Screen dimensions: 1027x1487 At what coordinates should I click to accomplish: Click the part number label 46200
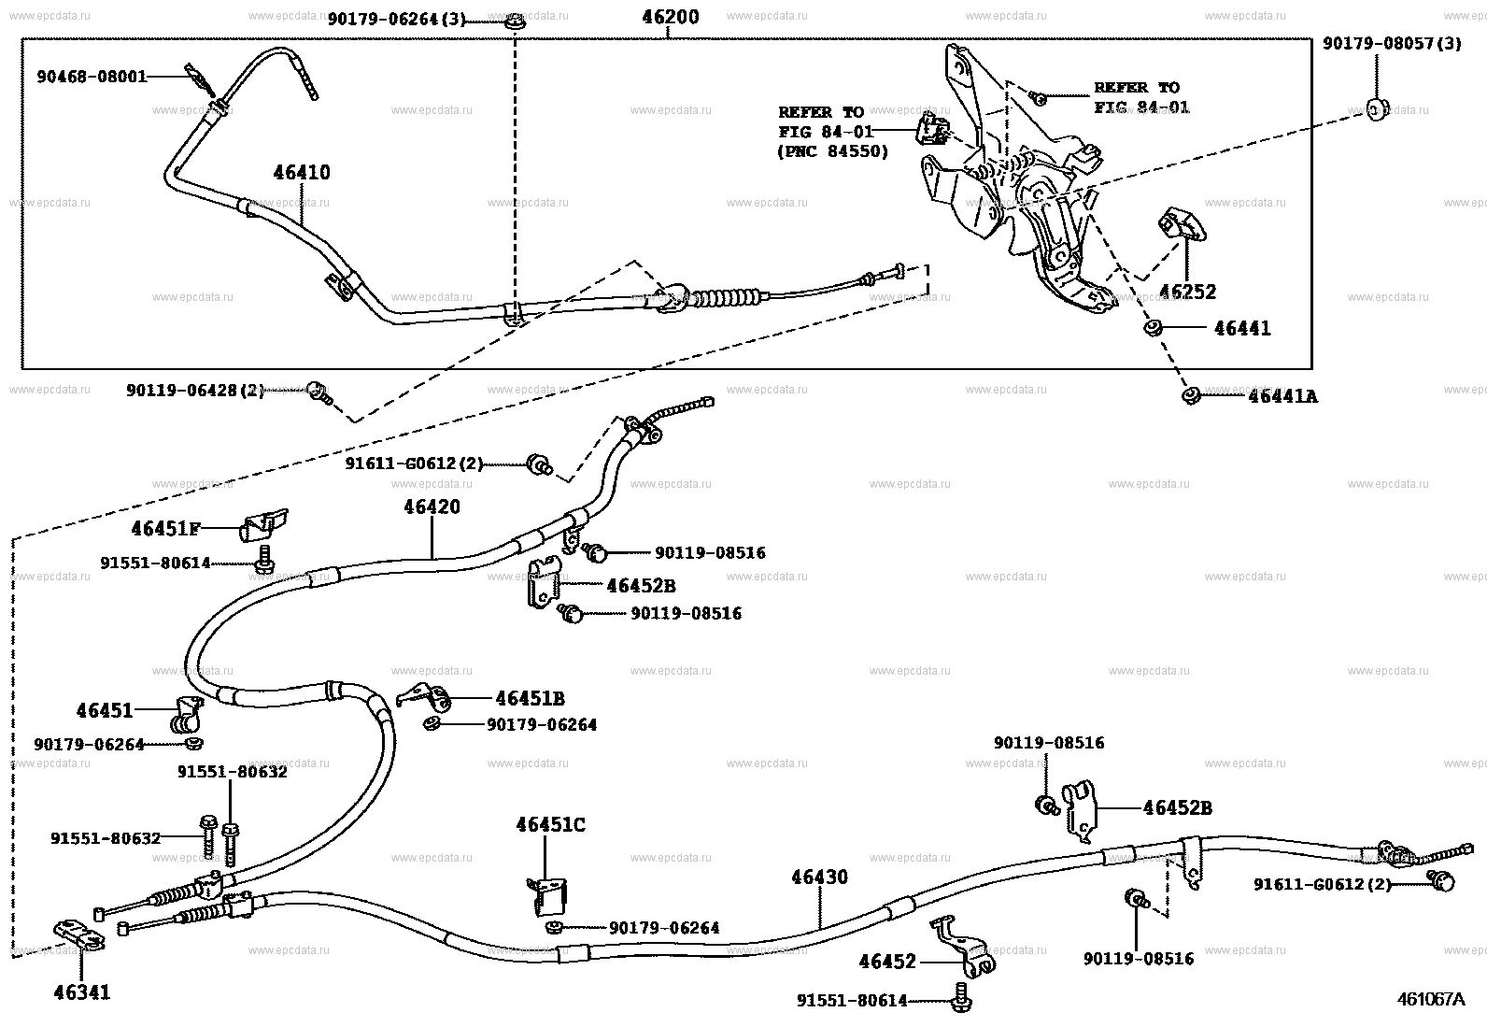670,17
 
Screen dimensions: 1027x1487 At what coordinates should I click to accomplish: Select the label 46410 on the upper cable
302,173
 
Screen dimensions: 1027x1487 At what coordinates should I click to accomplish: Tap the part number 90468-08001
92,77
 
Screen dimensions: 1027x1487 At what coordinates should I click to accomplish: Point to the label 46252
1187,292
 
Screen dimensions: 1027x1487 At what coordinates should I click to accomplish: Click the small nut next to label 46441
1154,328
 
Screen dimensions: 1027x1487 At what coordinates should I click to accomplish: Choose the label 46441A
1282,396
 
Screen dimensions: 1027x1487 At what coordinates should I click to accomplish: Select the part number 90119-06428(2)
195,391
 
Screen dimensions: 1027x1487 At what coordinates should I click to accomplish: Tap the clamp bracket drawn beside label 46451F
267,527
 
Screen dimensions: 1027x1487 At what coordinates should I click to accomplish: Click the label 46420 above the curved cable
432,506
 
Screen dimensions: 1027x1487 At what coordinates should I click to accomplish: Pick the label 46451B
530,698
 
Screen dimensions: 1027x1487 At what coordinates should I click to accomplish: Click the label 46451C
550,825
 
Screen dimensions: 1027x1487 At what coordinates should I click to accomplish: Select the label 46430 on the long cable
819,877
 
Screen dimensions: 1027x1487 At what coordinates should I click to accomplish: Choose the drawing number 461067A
1429,998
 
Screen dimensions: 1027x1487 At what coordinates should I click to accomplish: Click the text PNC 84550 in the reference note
833,151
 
